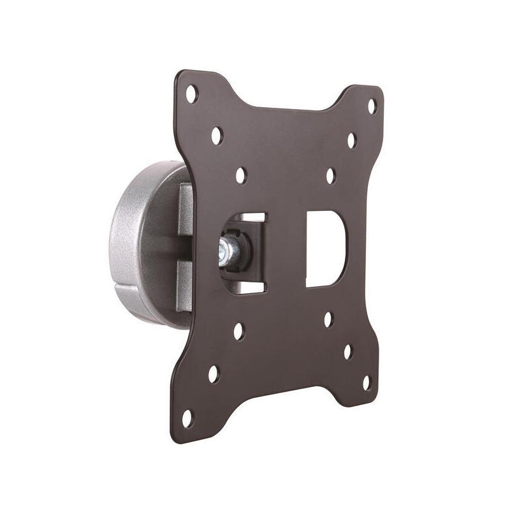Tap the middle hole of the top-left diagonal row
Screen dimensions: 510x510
point(217,135)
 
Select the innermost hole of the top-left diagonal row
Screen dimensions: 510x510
point(241,175)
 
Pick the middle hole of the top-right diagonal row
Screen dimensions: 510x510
point(351,141)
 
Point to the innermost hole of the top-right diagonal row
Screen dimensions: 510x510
point(330,176)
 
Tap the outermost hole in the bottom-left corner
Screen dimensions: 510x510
point(187,419)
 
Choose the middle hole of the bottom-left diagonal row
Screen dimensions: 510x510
point(213,374)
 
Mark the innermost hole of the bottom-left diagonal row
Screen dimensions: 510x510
point(238,331)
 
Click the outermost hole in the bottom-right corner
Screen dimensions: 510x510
point(367,382)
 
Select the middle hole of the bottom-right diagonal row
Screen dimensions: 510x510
point(347,351)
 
